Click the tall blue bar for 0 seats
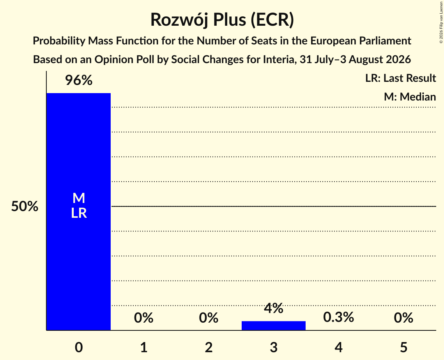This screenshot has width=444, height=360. (79, 212)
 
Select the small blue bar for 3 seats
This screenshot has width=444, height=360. (274, 325)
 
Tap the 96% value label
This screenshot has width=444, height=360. (79, 80)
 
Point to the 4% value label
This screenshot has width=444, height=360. (274, 308)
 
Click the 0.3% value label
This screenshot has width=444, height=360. (338, 317)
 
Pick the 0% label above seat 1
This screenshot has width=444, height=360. (143, 318)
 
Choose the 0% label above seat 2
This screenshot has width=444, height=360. (209, 318)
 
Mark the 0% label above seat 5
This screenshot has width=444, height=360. (403, 318)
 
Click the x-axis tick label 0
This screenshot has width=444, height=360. (79, 347)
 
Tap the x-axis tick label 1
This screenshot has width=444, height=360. (144, 347)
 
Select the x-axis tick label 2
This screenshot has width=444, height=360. (209, 347)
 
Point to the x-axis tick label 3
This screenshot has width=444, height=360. (274, 347)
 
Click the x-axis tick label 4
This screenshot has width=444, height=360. (339, 347)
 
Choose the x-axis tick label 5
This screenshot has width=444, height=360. (403, 347)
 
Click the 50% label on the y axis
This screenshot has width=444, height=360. (25, 206)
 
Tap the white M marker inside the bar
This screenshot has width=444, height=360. (79, 198)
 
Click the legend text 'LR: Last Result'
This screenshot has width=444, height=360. (400, 78)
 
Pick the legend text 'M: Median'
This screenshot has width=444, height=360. (410, 97)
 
